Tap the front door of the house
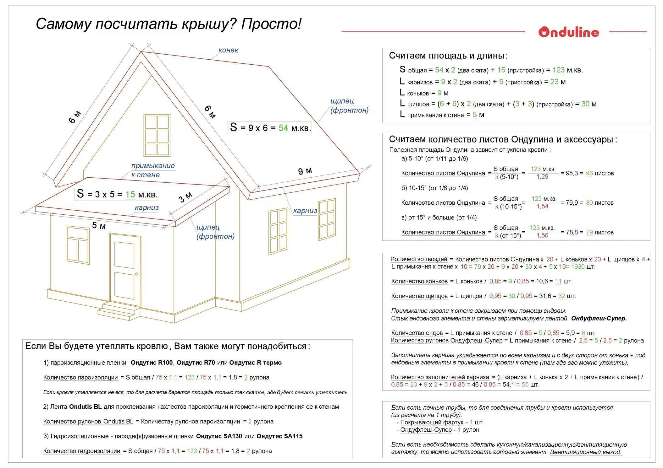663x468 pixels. pyautogui.click(x=125, y=270)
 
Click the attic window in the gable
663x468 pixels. pyautogui.click(x=157, y=135)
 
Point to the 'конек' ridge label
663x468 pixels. pyautogui.click(x=228, y=50)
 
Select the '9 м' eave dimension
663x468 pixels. pyautogui.click(x=305, y=171)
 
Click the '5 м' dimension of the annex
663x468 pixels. pyautogui.click(x=99, y=226)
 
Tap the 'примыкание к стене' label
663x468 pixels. pyautogui.click(x=153, y=170)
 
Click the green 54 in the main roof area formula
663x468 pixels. pyautogui.click(x=283, y=128)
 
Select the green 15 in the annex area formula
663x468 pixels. pyautogui.click(x=130, y=194)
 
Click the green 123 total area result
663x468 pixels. pyautogui.click(x=558, y=70)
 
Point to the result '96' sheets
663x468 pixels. pyautogui.click(x=589, y=173)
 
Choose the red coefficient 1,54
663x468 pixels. pyautogui.click(x=542, y=207)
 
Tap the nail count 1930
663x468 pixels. pyautogui.click(x=578, y=267)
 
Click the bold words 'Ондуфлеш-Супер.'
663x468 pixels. pyautogui.click(x=599, y=318)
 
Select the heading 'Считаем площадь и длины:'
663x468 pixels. pyautogui.click(x=448, y=56)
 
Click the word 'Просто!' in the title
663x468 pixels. pyautogui.click(x=271, y=24)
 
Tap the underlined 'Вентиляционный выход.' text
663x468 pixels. pyautogui.click(x=586, y=452)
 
